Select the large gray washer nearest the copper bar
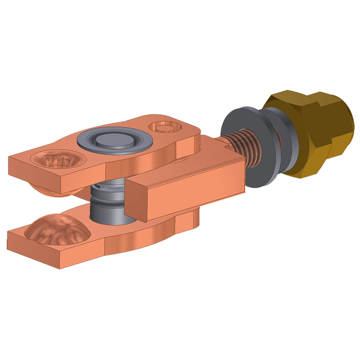pyautogui.click(x=235, y=128)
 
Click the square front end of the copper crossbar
pyautogui.click(x=137, y=200)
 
